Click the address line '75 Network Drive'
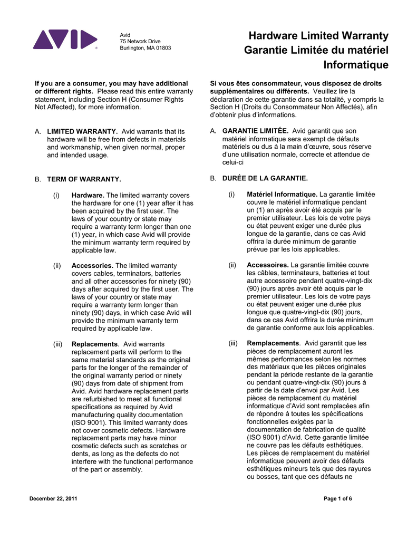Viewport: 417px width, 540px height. (x=140, y=41)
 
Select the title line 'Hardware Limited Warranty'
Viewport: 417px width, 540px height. (x=318, y=36)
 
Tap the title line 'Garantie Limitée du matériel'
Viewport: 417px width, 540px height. (x=316, y=51)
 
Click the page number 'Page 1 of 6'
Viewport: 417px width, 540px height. (x=337, y=499)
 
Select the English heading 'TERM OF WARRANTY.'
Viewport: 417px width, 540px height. (x=84, y=179)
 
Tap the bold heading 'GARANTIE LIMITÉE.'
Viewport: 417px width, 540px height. (x=255, y=131)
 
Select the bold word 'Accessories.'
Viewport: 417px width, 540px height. (x=92, y=266)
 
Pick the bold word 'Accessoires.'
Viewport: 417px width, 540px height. (x=268, y=265)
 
